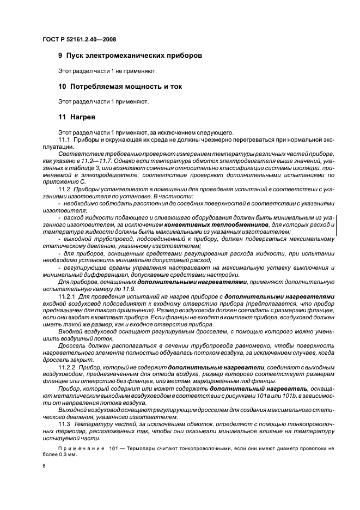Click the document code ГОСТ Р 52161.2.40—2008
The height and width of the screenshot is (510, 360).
click(79, 39)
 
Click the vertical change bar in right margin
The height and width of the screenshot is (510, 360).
click(336, 224)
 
